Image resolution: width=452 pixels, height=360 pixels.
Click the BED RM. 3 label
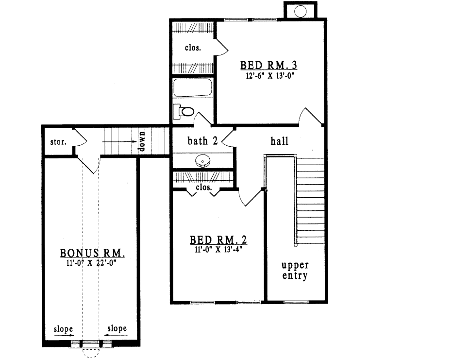(x=268, y=66)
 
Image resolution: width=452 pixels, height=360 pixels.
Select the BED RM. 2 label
(x=218, y=240)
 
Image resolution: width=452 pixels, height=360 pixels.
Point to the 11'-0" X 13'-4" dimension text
(x=218, y=250)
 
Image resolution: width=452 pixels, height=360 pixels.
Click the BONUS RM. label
(x=93, y=253)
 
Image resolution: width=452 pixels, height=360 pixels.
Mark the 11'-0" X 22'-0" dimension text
(x=93, y=264)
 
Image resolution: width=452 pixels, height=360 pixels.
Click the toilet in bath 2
(x=185, y=111)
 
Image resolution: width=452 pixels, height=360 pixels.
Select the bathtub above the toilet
(x=192, y=88)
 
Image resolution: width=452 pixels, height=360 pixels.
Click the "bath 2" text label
(x=202, y=141)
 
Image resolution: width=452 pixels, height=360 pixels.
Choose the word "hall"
(x=279, y=141)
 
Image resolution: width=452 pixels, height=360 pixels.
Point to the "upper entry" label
(x=295, y=271)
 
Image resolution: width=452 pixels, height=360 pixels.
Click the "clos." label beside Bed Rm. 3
(x=193, y=48)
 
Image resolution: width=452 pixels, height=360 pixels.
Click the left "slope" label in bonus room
(x=63, y=329)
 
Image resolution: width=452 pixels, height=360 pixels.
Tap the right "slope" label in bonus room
(x=117, y=329)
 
